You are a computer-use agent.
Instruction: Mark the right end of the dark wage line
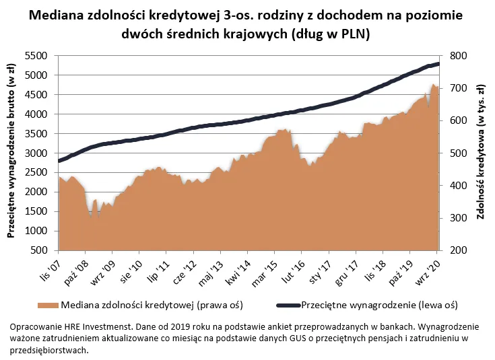438,64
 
